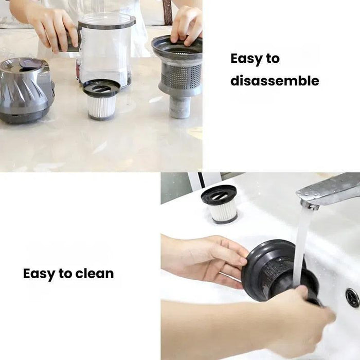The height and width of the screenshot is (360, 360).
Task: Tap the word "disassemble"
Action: tap(275, 81)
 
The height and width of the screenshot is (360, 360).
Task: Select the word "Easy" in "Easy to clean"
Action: tap(39, 274)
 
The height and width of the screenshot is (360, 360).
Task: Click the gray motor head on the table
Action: tap(26, 90)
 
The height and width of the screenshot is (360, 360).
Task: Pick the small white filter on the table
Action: tap(101, 105)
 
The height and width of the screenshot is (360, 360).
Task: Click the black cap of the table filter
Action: tap(101, 88)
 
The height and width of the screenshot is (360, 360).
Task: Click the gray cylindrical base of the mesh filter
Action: tap(180, 107)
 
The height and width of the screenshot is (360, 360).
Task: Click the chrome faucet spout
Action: tap(329, 190)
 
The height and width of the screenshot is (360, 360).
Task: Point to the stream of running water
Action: tap(301, 242)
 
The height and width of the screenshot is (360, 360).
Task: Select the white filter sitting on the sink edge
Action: tap(220, 204)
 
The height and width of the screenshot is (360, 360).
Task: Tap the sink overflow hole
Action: tap(352, 297)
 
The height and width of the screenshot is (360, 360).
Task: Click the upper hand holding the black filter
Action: tap(206, 257)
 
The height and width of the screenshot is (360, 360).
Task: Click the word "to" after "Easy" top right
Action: tap(273, 59)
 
